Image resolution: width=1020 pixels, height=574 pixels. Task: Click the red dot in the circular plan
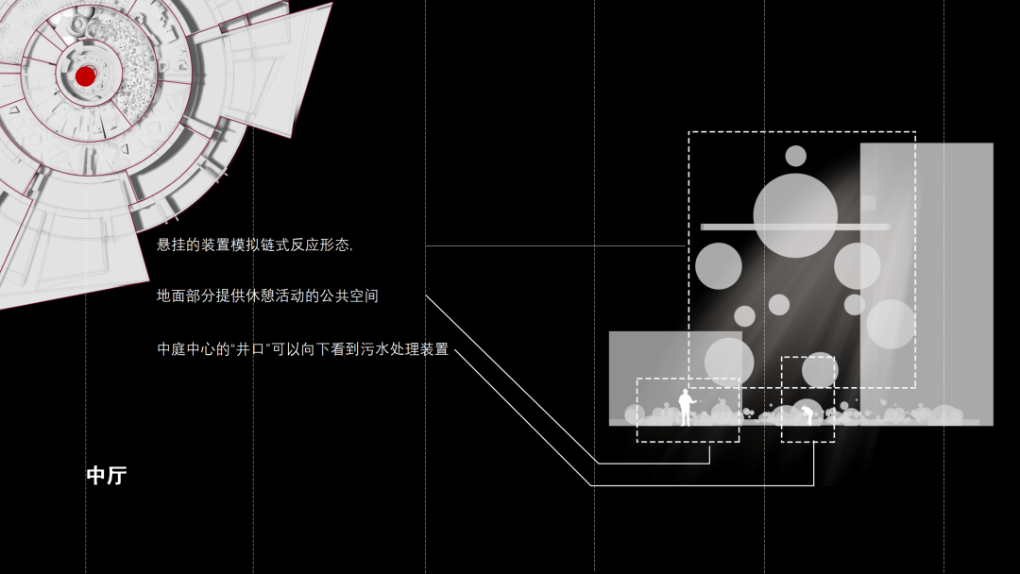pos(85,76)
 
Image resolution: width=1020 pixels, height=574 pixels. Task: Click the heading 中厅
pos(106,476)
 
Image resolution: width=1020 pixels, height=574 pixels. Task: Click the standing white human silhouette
pos(685,407)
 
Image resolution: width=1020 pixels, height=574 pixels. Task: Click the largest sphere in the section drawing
pos(795,215)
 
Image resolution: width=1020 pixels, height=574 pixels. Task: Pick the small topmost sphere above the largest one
pos(796,156)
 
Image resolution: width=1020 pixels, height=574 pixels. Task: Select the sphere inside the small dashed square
pos(819,370)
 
